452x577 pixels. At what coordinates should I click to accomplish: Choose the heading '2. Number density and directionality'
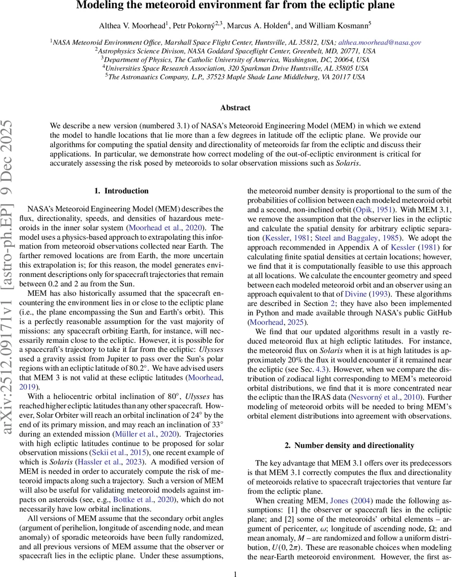[x=349, y=445]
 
